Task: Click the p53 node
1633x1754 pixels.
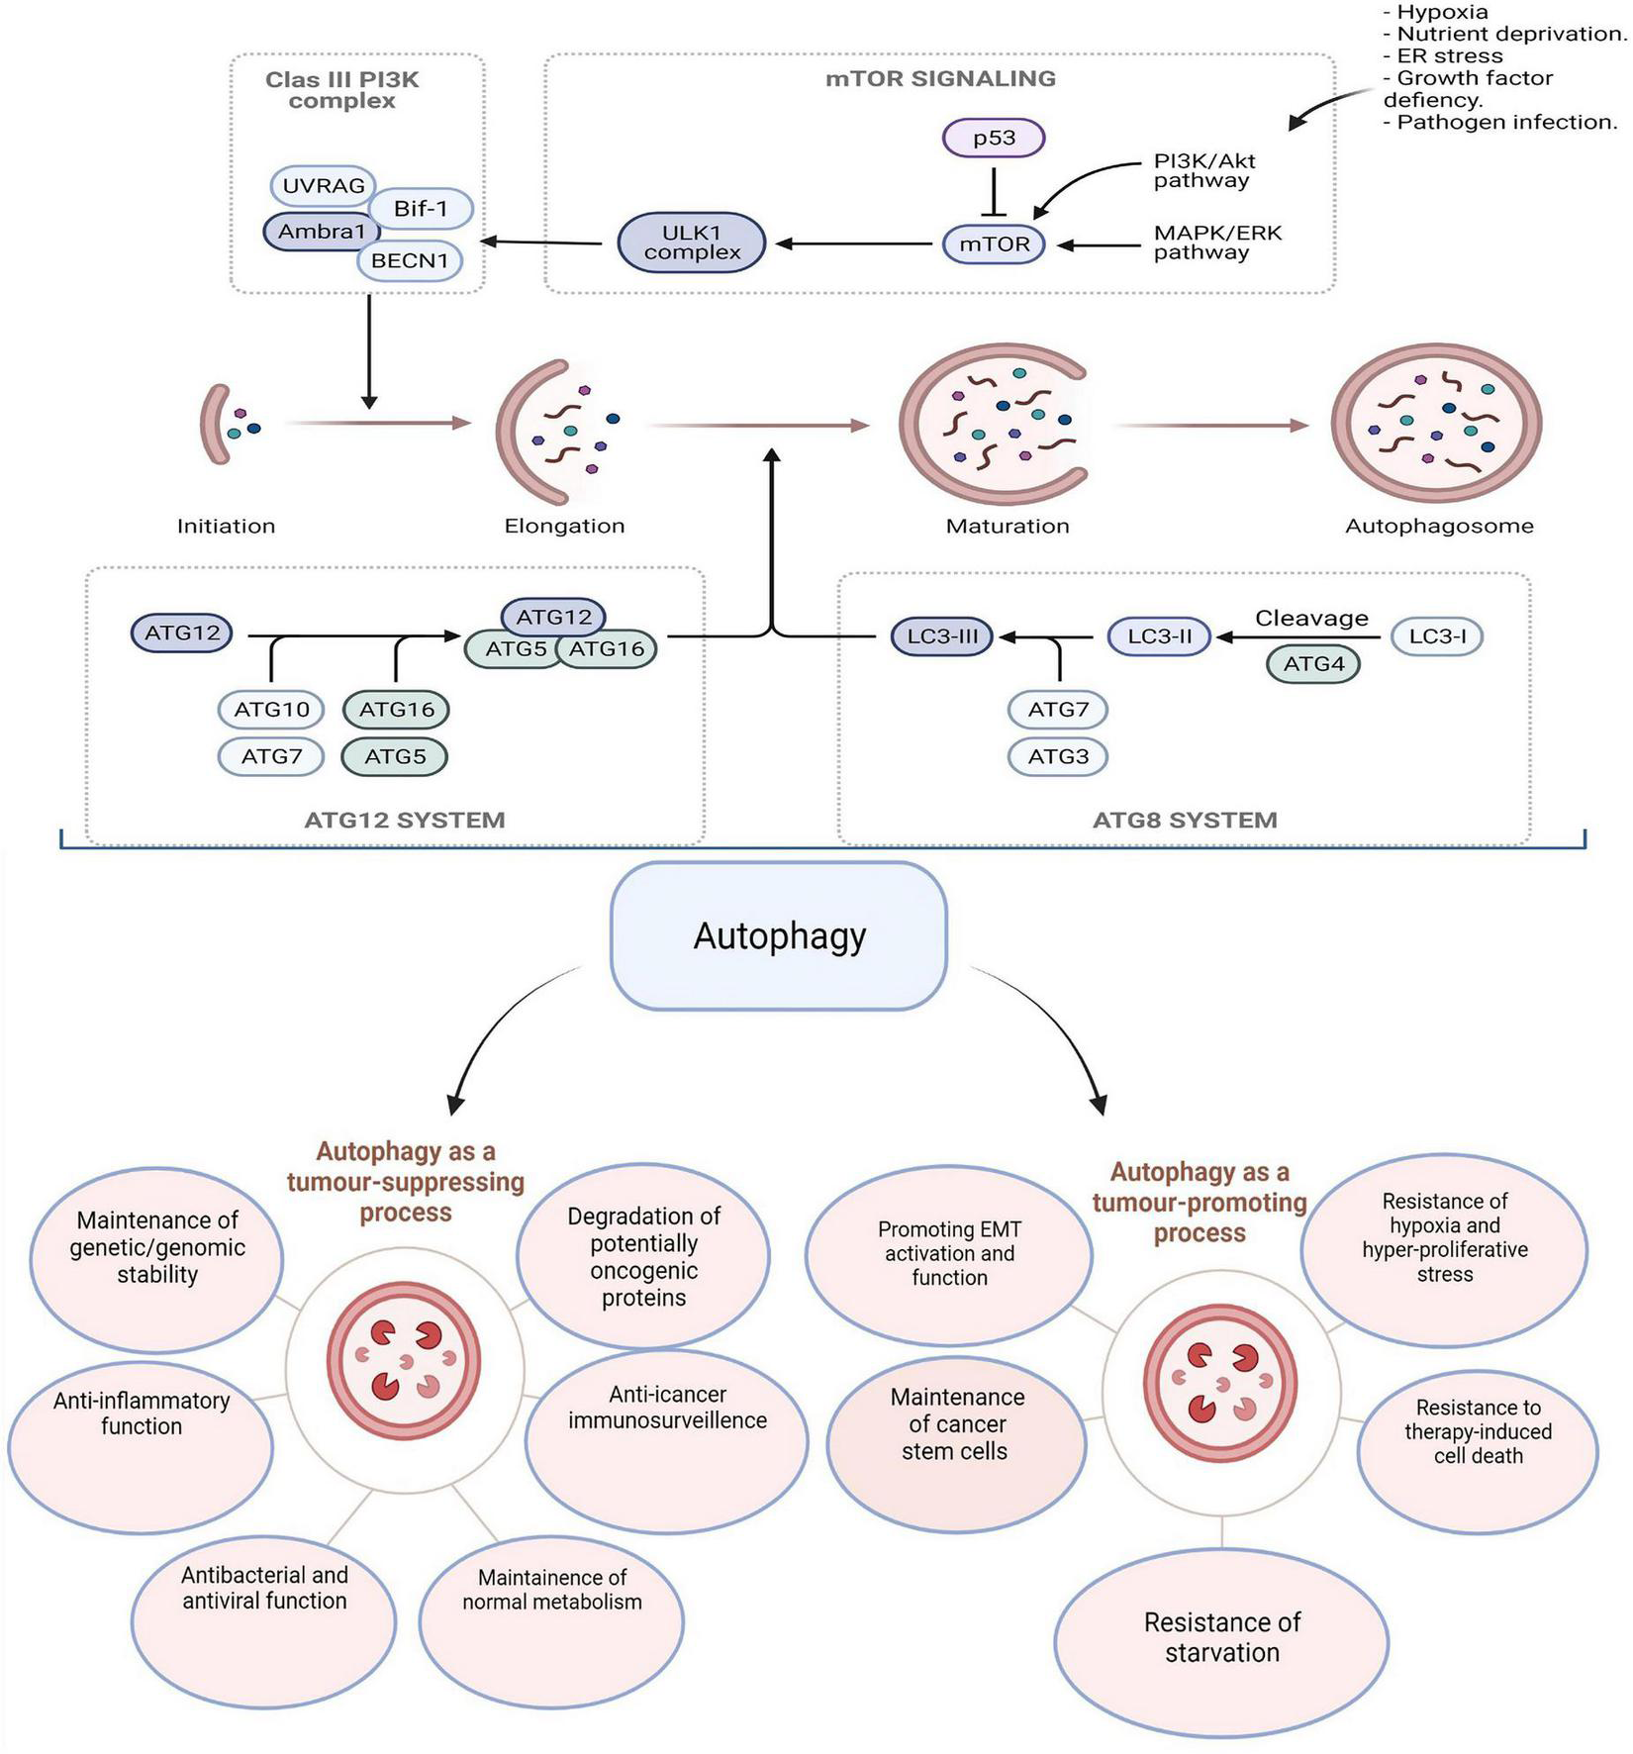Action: tap(994, 138)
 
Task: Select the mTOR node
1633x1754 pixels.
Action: tap(994, 244)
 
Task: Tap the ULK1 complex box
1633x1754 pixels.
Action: tap(692, 243)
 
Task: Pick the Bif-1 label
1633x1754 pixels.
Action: tap(421, 208)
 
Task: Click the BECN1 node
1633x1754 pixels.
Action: tap(410, 261)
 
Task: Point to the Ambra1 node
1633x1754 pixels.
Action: tap(321, 232)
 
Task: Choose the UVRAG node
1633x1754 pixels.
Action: tap(323, 185)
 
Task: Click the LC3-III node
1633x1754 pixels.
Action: tap(941, 636)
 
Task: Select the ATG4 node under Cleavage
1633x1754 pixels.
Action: tap(1313, 664)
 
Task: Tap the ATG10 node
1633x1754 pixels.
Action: tap(271, 709)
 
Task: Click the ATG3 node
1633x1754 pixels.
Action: tap(1058, 757)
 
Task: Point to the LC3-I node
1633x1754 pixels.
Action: tap(1437, 636)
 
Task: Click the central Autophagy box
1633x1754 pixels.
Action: tap(779, 935)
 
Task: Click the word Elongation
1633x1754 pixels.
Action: tap(564, 527)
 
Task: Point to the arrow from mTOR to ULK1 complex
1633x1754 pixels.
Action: tap(857, 244)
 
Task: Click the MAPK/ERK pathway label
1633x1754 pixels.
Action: tap(1216, 243)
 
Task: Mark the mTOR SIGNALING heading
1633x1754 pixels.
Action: tap(940, 79)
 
